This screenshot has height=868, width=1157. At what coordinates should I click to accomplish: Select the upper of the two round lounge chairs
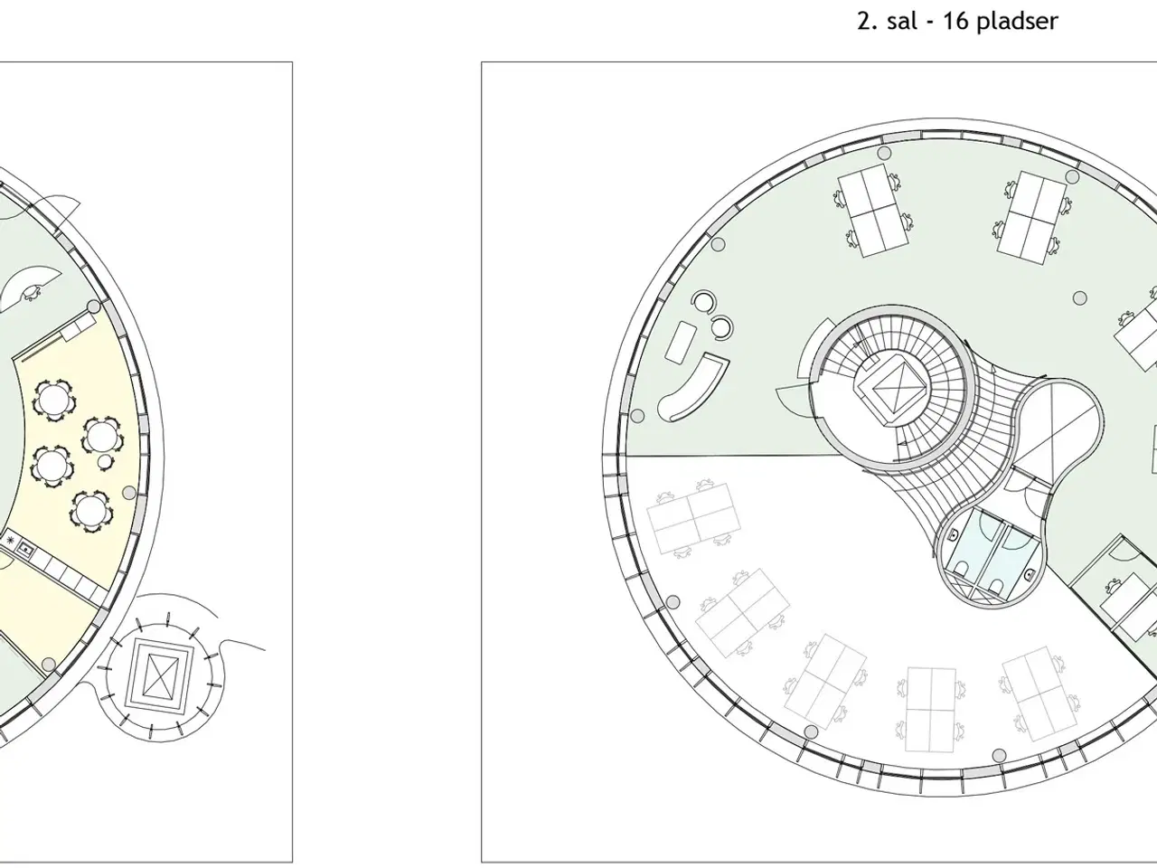click(704, 301)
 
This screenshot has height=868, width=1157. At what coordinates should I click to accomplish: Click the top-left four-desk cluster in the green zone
click(871, 212)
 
